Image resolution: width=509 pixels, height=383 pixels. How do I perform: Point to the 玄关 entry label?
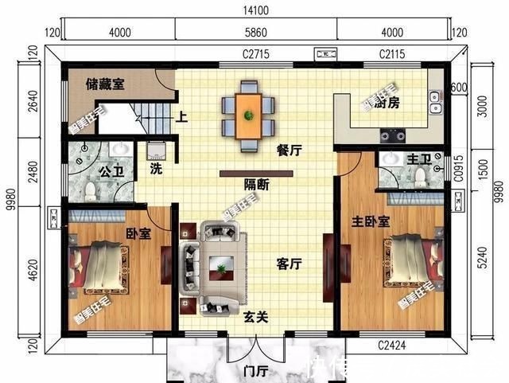[x=254, y=316]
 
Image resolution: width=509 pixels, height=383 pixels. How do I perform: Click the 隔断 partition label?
[x=256, y=185]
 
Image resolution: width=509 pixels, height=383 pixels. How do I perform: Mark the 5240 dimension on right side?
[x=480, y=260]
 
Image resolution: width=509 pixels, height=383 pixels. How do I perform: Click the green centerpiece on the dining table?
[x=249, y=115]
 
